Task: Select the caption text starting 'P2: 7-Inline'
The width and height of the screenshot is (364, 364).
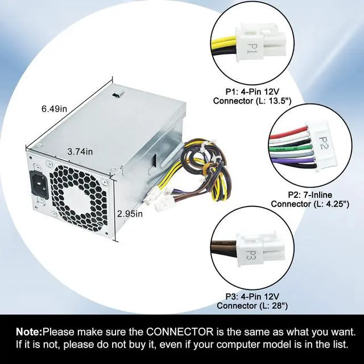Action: click(x=314, y=199)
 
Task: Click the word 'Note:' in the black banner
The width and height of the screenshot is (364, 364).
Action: click(x=29, y=332)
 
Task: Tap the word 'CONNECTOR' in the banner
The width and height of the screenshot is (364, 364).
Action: click(x=177, y=332)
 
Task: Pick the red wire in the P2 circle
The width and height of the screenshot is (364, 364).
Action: click(x=290, y=136)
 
